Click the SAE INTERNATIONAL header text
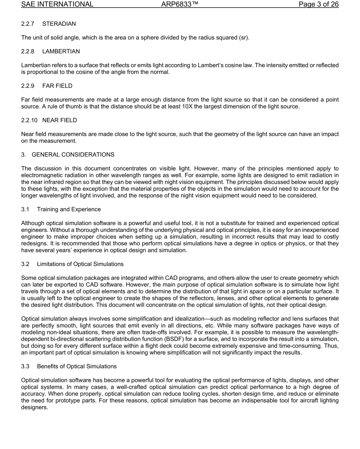(x=57, y=5)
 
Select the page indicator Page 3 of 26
(x=318, y=5)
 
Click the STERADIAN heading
(x=59, y=24)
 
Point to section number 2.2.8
(x=28, y=52)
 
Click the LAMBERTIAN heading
(x=61, y=52)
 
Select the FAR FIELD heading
(x=57, y=86)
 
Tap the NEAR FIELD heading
(x=59, y=120)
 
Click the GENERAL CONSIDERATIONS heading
(x=73, y=155)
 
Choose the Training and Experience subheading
(x=69, y=210)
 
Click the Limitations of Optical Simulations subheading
(x=80, y=264)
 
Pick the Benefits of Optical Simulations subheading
(x=77, y=366)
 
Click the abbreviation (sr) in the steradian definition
(x=244, y=38)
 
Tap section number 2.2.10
(x=29, y=120)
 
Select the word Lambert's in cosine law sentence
(x=210, y=65)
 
